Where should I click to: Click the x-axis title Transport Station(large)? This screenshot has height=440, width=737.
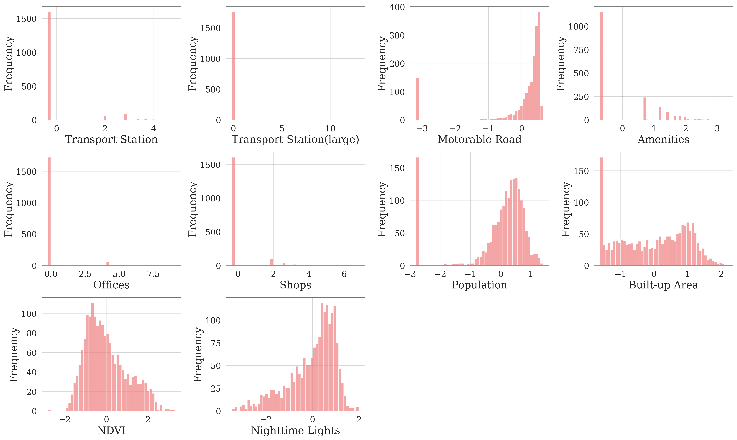295,139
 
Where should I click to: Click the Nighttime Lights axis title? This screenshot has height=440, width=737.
295,430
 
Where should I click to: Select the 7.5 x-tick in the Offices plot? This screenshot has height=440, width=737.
153,274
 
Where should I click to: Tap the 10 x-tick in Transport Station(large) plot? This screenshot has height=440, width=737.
330,129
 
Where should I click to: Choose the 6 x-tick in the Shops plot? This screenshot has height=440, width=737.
344,274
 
